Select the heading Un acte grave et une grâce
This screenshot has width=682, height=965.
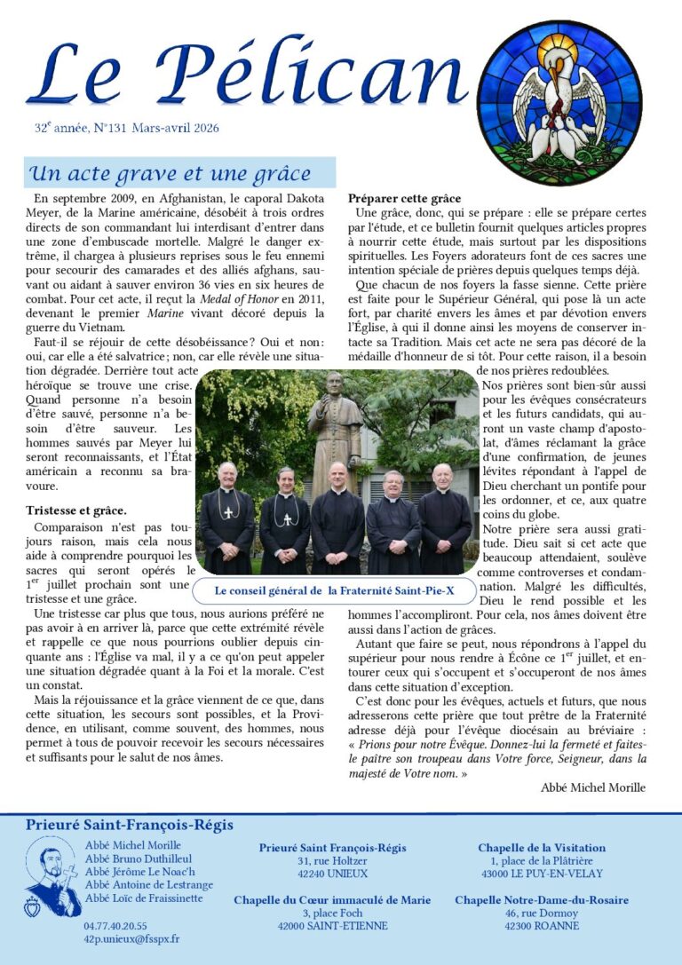pyautogui.click(x=170, y=173)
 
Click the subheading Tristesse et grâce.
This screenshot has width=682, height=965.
pyautogui.click(x=76, y=510)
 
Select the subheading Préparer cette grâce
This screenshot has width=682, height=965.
pyautogui.click(x=404, y=198)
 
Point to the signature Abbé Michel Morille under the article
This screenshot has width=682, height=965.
pyautogui.click(x=593, y=787)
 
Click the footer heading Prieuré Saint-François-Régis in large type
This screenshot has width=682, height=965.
pyautogui.click(x=130, y=826)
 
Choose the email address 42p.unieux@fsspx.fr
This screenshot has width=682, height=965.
pyautogui.click(x=131, y=938)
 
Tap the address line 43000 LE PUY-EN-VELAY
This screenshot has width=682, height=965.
pyautogui.click(x=541, y=874)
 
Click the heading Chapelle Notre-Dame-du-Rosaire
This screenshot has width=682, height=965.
pyautogui.click(x=542, y=900)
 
